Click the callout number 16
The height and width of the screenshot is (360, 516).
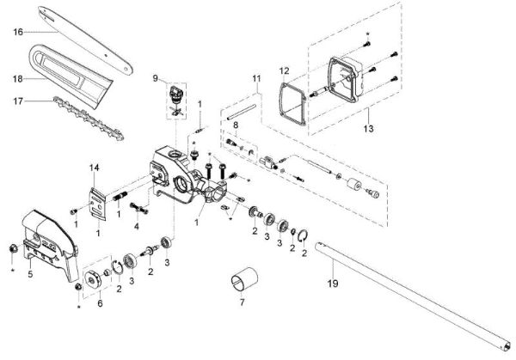(17, 33)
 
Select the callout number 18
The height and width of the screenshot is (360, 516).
(17, 77)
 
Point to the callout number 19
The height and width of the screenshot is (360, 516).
(333, 281)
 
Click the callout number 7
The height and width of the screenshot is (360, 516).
(242, 302)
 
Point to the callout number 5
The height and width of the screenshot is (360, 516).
(29, 275)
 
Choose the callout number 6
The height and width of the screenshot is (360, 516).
(99, 302)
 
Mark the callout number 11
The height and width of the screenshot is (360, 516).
(255, 78)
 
